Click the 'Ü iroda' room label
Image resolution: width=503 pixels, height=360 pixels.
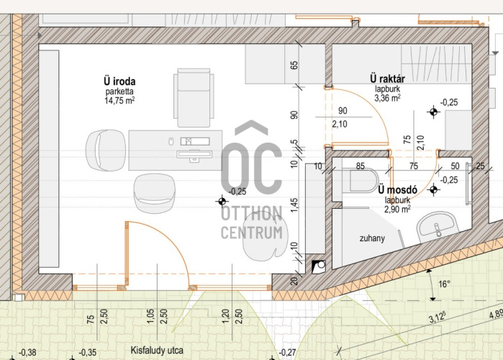pyautogui.click(x=119, y=81)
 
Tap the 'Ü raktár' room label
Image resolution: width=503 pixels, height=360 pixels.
pyautogui.click(x=388, y=78)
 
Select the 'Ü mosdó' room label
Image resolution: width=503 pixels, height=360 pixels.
pyautogui.click(x=397, y=189)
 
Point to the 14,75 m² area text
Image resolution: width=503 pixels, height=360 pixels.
pyautogui.click(x=119, y=100)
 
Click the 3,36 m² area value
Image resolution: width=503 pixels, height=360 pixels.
pyautogui.click(x=387, y=97)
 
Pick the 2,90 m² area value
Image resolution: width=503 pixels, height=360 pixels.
pyautogui.click(x=397, y=210)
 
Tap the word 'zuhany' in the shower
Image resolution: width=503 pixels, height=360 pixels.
pyautogui.click(x=372, y=238)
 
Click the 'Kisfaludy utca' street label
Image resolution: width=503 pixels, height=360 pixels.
pyautogui.click(x=157, y=351)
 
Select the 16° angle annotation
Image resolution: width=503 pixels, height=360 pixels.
pyautogui.click(x=444, y=284)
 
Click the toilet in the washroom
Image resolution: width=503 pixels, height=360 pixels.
pyautogui.click(x=361, y=180)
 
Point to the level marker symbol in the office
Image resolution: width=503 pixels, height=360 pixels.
pyautogui.click(x=222, y=202)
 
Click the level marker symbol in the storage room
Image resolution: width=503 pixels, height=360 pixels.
pyautogui.click(x=433, y=112)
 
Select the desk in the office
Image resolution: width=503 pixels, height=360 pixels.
pyautogui.click(x=176, y=150)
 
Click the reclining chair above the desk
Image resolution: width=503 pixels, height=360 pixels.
pyautogui.click(x=194, y=97)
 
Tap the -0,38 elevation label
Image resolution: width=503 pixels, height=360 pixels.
pyautogui.click(x=27, y=353)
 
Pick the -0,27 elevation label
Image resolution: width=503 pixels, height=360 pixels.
pyautogui.click(x=287, y=353)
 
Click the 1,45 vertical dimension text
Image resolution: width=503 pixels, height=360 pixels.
pyautogui.click(x=294, y=204)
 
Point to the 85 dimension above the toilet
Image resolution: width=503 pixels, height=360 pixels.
pyautogui.click(x=361, y=166)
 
